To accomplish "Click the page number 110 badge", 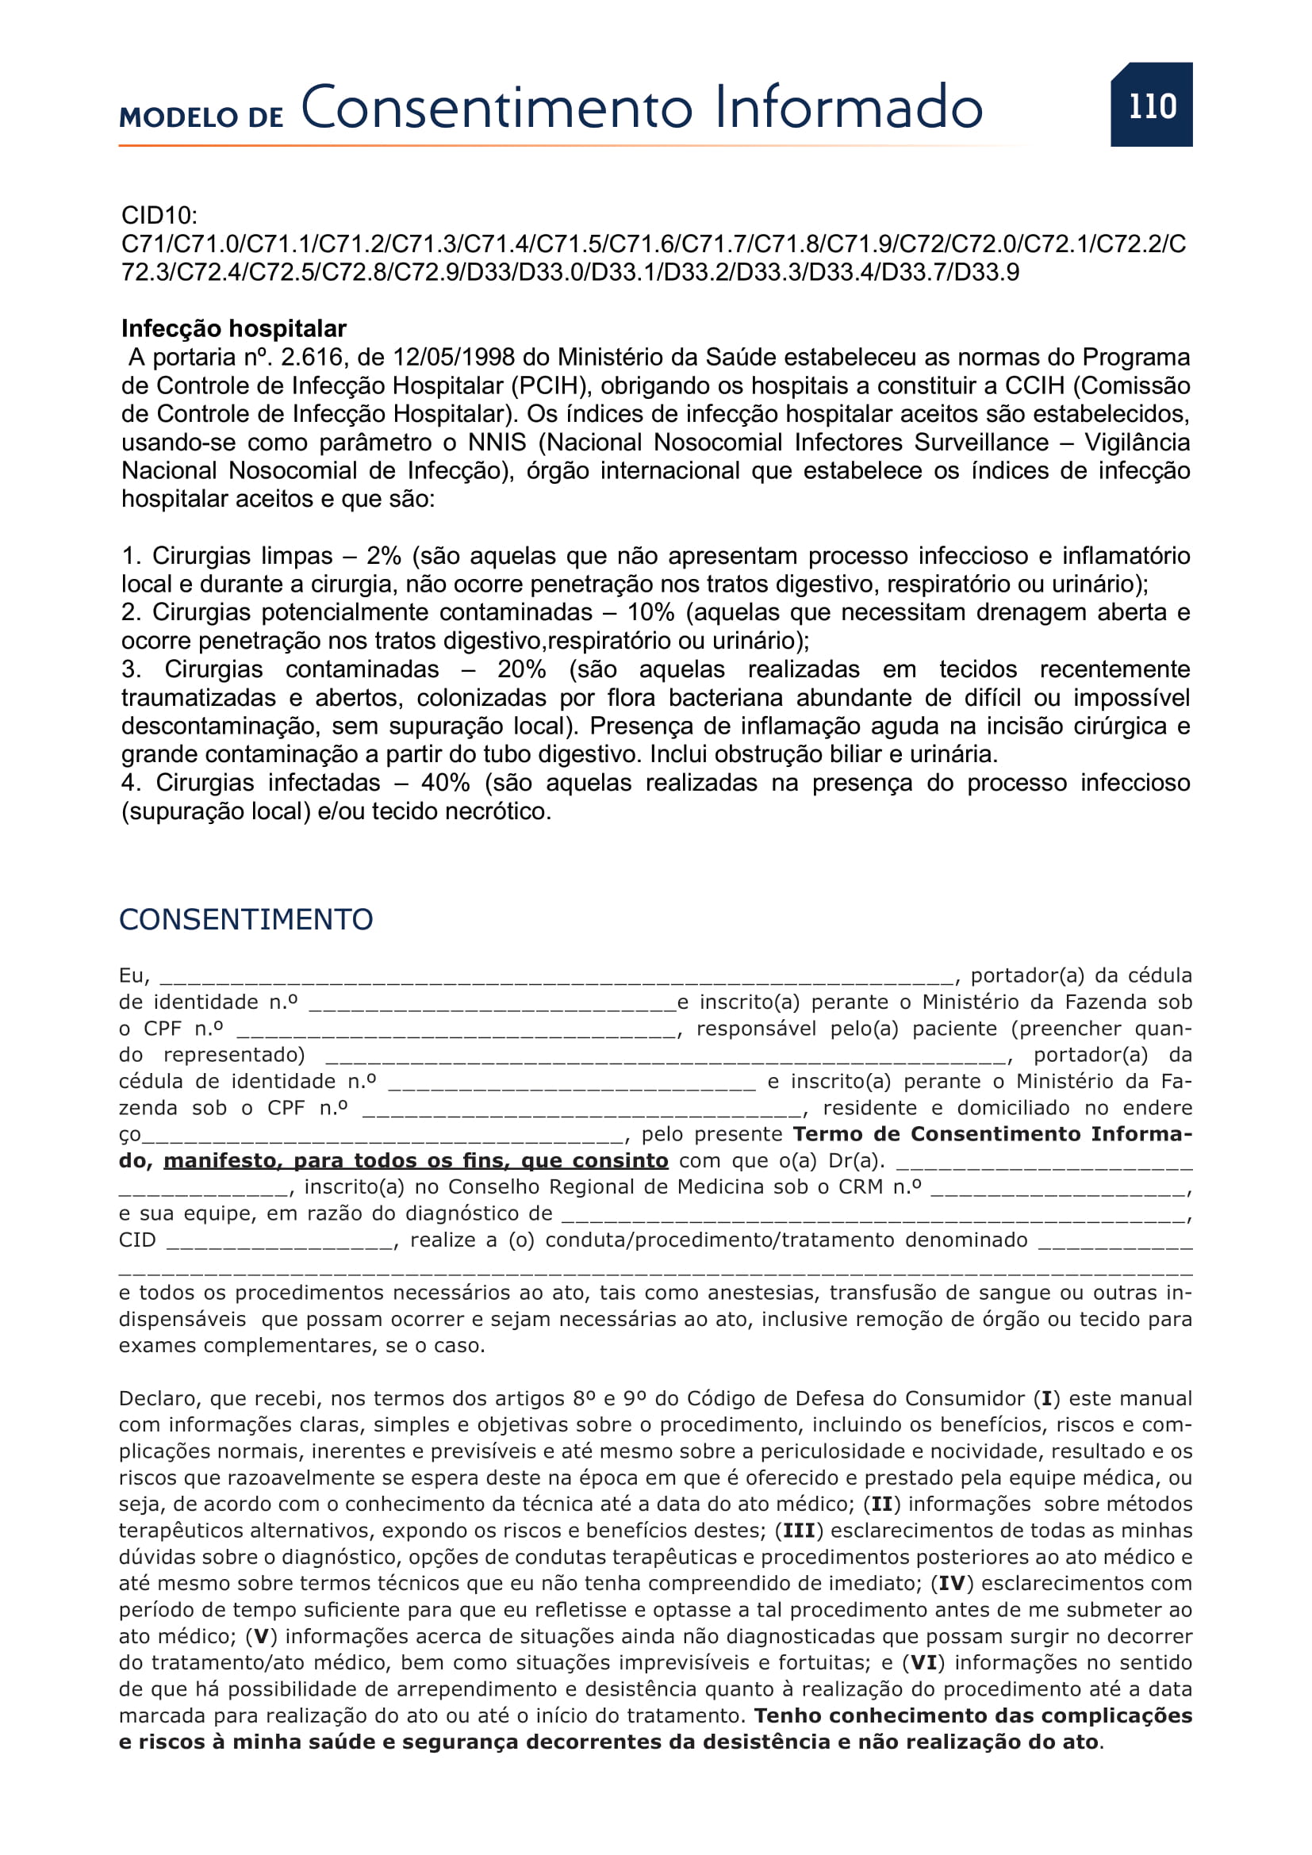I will point(1151,105).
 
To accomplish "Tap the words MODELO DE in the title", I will point(201,118).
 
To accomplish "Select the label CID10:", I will point(159,216).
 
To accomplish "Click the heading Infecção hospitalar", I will point(233,329).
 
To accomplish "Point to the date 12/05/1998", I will point(442,357).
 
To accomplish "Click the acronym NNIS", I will point(497,443).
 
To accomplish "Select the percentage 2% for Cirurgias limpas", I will point(384,556).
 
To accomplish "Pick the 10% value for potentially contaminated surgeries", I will point(650,612).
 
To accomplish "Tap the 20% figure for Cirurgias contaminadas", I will point(521,669).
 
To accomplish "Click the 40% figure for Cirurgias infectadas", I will point(445,783).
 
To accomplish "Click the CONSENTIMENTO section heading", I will point(246,919).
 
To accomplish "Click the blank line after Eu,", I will point(558,978).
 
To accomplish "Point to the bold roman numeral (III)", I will point(799,1531).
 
